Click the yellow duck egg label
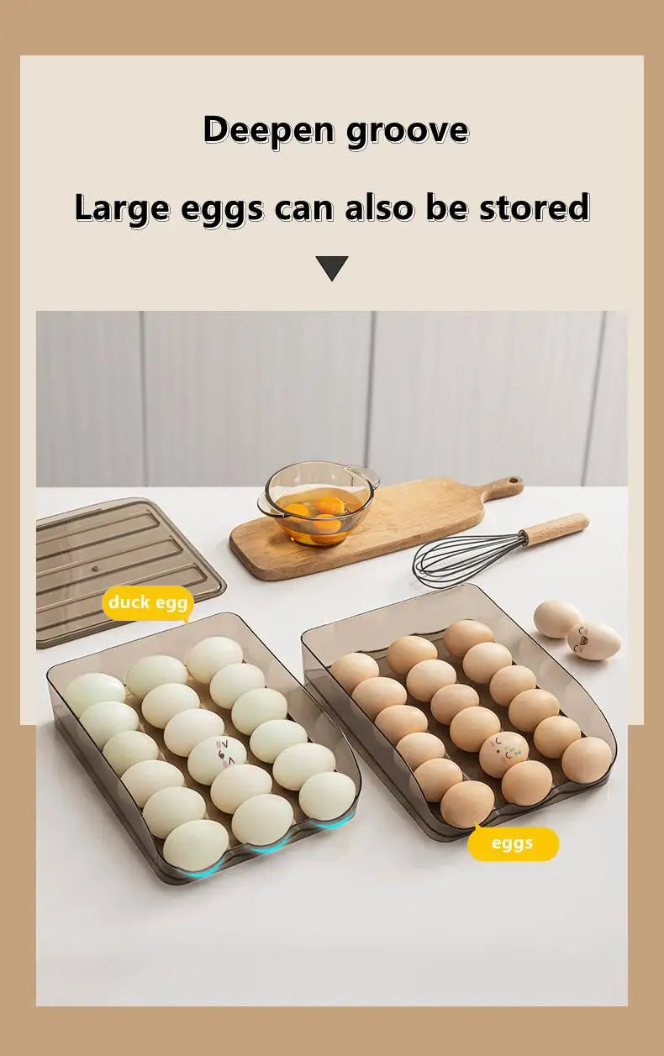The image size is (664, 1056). (148, 602)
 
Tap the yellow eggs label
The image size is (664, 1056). (513, 843)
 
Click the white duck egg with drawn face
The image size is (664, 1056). (217, 758)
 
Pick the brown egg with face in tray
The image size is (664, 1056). (502, 753)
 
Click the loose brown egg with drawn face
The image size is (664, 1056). (594, 640)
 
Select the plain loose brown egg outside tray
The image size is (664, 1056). (556, 618)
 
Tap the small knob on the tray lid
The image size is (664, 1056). (95, 569)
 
